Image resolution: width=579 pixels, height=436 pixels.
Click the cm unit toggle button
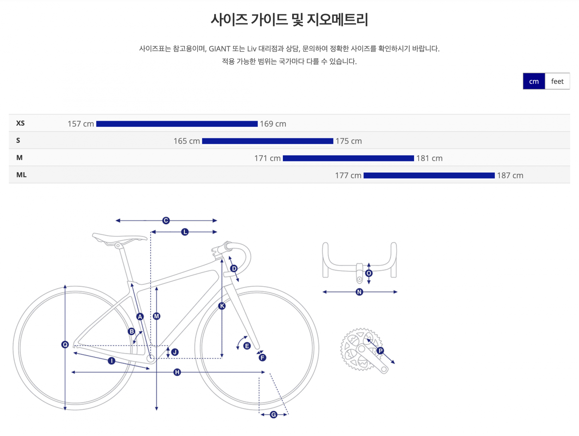533,81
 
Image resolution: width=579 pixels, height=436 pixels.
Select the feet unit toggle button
557,81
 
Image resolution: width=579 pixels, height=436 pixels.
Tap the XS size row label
21,123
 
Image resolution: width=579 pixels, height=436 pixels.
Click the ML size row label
21,175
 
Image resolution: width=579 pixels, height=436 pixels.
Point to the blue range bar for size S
267,141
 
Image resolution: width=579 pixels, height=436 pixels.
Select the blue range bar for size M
348,158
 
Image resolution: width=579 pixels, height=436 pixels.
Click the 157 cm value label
81,124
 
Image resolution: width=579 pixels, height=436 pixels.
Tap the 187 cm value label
510,176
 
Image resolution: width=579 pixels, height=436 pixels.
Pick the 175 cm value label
349,141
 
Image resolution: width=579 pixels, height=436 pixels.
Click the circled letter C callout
166,220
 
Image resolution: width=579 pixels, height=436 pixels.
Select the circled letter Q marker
65,344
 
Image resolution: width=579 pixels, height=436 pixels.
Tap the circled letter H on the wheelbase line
177,372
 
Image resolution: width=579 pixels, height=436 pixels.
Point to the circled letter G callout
274,415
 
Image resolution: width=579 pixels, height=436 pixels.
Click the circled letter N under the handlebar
359,292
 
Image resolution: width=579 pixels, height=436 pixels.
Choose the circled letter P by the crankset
380,350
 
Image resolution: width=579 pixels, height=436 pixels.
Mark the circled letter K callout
222,306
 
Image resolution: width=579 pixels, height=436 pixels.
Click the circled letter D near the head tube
234,268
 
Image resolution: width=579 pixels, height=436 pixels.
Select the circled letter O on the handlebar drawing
369,273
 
